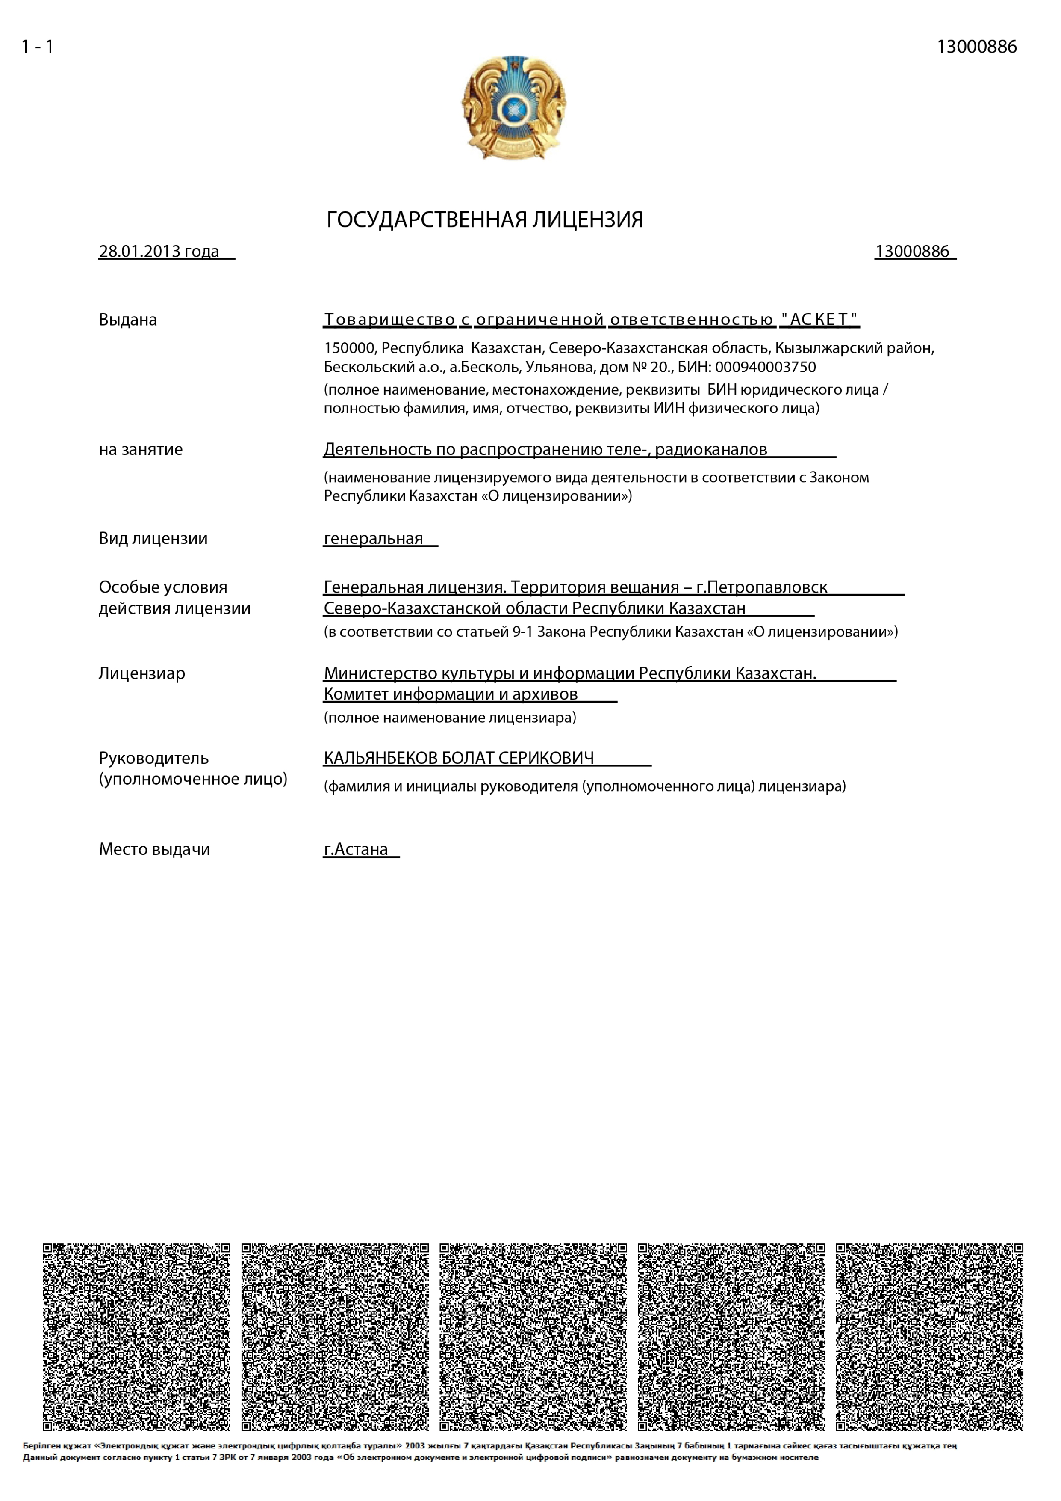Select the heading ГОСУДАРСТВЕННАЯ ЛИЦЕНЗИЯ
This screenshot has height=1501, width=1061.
point(485,220)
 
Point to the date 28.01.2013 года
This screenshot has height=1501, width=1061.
point(159,252)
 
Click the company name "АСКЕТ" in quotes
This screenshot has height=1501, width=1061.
point(819,319)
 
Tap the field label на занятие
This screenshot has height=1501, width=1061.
point(141,449)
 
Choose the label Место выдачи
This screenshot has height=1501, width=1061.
point(154,849)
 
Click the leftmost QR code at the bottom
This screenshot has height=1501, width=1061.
point(136,1337)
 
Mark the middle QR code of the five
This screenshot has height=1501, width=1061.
point(533,1337)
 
